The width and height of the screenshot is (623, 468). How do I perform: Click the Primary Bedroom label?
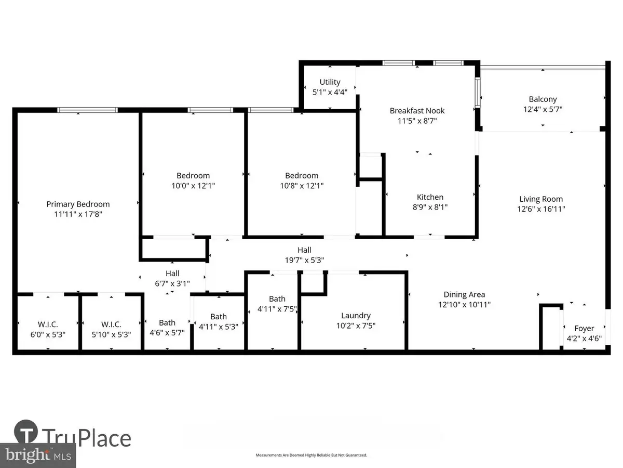click(x=78, y=204)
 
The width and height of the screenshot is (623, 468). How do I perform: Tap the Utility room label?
click(x=330, y=82)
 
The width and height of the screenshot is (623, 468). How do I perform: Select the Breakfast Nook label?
click(x=417, y=111)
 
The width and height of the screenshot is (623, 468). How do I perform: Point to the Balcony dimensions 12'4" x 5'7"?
click(x=543, y=109)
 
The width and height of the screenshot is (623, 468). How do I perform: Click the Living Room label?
click(x=541, y=199)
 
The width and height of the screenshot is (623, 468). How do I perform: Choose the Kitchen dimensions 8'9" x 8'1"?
click(x=430, y=207)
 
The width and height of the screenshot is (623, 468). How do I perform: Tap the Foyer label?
click(x=584, y=329)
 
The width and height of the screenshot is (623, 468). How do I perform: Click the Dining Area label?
click(x=464, y=294)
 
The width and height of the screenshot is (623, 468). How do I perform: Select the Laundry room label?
click(x=356, y=316)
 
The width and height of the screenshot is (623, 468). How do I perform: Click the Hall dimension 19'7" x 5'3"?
click(x=304, y=260)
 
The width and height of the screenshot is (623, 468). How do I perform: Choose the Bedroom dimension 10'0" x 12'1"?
click(x=193, y=185)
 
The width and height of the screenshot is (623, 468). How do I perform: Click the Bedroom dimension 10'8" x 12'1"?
click(x=302, y=185)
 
